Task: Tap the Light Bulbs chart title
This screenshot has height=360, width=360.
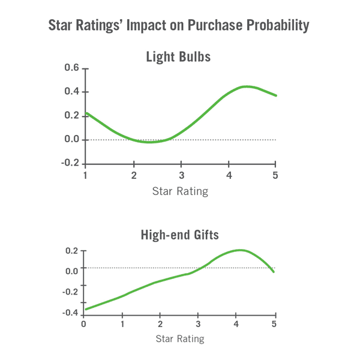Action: click(x=178, y=58)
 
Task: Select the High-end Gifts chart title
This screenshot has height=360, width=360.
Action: click(x=179, y=235)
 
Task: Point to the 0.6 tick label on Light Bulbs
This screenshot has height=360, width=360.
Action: click(x=72, y=68)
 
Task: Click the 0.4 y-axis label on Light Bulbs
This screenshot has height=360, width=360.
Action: click(x=72, y=92)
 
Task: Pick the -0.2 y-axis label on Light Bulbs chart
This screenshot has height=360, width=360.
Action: click(x=70, y=163)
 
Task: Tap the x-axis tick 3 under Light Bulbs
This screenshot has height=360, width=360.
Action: click(x=181, y=175)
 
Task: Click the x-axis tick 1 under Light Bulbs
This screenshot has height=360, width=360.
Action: click(x=86, y=175)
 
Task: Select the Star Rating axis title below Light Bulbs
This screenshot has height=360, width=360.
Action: click(x=179, y=191)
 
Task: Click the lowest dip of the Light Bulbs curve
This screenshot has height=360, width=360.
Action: click(x=149, y=142)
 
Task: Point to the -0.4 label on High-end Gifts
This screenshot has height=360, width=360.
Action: click(x=70, y=313)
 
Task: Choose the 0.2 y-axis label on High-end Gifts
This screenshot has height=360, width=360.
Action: click(x=72, y=251)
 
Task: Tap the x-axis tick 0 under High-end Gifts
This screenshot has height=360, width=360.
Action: click(x=83, y=324)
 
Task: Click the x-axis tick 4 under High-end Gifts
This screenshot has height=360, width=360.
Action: click(x=237, y=324)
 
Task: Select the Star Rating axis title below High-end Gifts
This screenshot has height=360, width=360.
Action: click(x=179, y=339)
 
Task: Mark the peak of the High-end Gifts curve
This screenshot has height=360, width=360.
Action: click(x=241, y=250)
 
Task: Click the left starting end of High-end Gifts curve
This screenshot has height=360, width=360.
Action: click(x=86, y=310)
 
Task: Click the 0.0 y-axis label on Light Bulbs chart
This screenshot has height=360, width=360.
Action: click(x=72, y=140)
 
